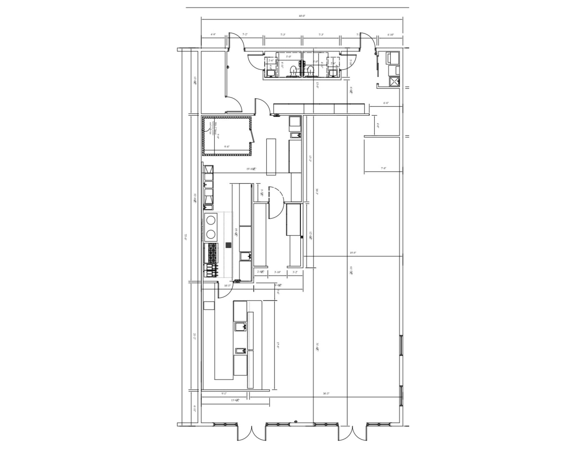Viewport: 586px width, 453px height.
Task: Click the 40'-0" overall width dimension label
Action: [x=302, y=16]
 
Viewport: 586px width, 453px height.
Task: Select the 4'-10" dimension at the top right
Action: [x=391, y=35]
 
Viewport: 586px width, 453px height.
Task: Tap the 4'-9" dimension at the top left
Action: [x=213, y=34]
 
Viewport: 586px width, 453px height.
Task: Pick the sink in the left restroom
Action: [x=270, y=73]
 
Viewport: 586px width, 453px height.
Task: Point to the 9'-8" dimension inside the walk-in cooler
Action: [x=227, y=147]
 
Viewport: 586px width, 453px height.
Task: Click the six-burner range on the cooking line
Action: [x=211, y=253]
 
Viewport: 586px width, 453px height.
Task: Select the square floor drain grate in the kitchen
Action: [x=228, y=245]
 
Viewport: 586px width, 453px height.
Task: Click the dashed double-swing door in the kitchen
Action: [x=275, y=203]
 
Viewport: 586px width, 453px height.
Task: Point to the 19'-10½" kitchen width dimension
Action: [x=251, y=169]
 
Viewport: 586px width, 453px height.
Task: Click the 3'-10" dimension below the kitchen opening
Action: [x=277, y=272]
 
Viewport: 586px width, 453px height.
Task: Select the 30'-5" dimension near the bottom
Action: [x=326, y=394]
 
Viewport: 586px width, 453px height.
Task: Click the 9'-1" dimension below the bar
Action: [x=224, y=394]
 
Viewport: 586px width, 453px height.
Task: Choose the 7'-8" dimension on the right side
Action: [x=383, y=169]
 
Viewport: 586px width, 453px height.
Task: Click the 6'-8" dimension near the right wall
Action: [x=386, y=103]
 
